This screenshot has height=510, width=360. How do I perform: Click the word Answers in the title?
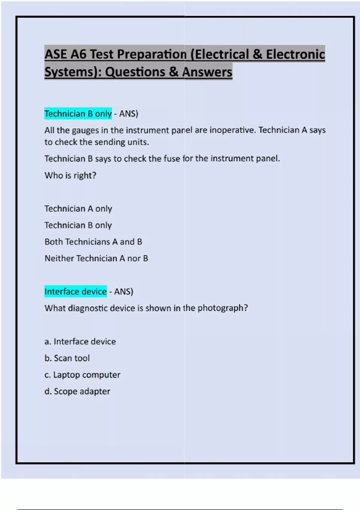coord(207,72)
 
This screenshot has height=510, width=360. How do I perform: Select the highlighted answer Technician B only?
coord(78,114)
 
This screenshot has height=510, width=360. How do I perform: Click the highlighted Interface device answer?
coord(76,291)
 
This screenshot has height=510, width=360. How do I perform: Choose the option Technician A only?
coord(78,208)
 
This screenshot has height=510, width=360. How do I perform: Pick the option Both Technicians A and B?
coord(93,242)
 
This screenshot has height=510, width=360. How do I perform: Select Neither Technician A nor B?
coord(96,258)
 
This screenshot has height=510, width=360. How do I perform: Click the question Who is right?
coord(70,175)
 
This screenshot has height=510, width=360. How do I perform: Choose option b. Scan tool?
coord(67,358)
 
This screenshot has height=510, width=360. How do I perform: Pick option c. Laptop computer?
coord(82,375)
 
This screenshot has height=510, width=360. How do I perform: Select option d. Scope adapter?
coord(77,391)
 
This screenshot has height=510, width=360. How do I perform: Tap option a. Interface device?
coord(80,341)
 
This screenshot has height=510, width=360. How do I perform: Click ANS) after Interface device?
coord(124,291)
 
